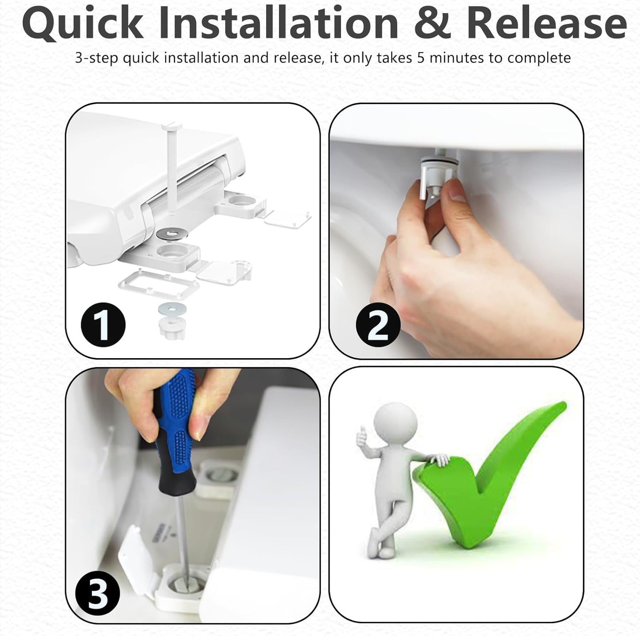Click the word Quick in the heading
pos(83,24)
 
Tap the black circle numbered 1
pos(103,325)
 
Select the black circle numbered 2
pos(378,326)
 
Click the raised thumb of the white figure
pos(361,433)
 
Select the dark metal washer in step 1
pos(172,233)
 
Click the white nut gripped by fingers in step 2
pos(439,176)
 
